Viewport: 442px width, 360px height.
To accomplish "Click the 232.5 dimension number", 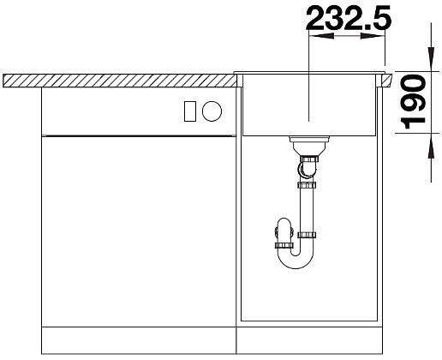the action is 349,18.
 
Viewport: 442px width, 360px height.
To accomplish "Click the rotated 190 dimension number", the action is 414,101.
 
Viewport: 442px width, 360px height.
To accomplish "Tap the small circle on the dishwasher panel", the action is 212,111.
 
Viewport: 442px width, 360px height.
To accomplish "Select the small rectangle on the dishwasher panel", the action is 190,111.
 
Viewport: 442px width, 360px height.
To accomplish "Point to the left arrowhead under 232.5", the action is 321,36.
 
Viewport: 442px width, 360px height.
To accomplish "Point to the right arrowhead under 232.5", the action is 373,36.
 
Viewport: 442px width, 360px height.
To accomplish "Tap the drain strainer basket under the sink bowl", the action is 309,146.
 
